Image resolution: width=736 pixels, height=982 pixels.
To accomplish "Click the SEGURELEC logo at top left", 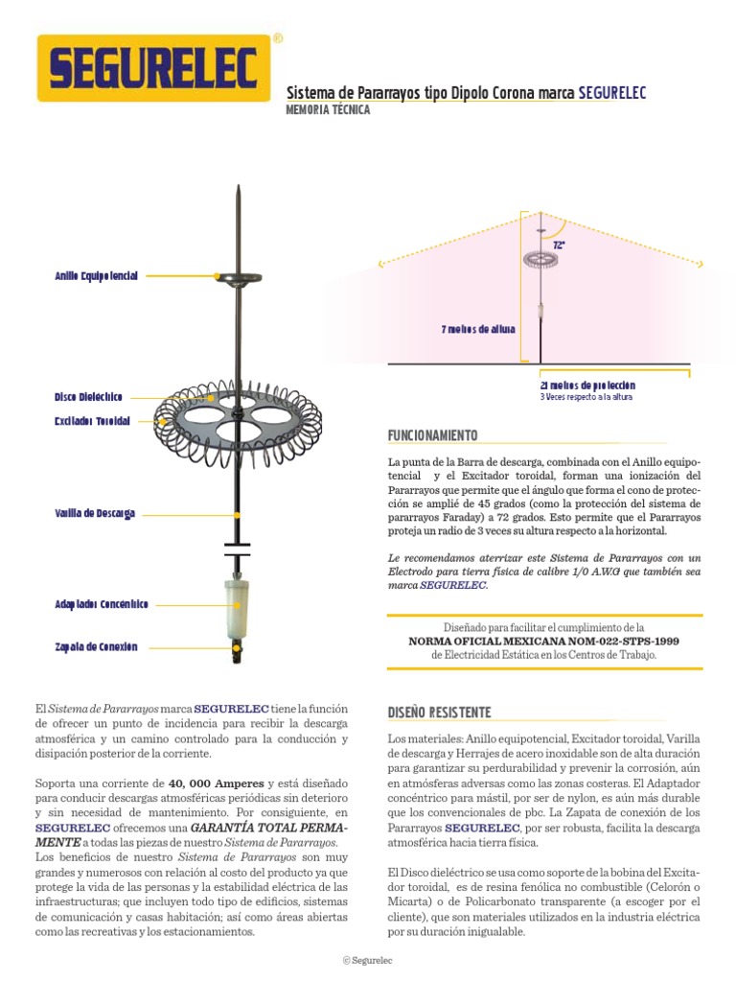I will click(x=153, y=68).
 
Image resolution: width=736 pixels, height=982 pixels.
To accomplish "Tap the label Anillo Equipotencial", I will click(x=97, y=276).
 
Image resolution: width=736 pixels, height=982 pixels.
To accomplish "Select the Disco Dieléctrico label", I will click(x=88, y=397).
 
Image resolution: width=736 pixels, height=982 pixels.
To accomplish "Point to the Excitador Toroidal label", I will click(x=92, y=421).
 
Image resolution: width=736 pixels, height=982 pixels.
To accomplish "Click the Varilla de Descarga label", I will click(x=95, y=514).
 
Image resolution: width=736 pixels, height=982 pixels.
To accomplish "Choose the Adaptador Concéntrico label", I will click(x=102, y=605).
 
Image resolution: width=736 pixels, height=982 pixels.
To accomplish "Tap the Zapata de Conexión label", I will click(x=97, y=647).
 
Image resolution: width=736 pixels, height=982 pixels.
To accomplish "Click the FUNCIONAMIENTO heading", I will click(x=432, y=436).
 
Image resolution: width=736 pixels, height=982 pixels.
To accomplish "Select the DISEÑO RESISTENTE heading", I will click(x=439, y=713).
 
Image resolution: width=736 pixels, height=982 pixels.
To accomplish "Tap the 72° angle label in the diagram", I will click(x=559, y=245).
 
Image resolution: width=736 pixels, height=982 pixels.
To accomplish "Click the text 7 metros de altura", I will click(x=477, y=329).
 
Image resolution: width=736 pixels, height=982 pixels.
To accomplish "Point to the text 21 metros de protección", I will click(x=587, y=385).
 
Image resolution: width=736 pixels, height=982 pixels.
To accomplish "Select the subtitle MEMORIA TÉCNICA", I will click(x=328, y=110).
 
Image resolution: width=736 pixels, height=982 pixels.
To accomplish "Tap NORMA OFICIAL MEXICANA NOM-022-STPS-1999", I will click(x=543, y=641).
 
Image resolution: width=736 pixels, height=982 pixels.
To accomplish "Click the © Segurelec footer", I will click(x=368, y=960).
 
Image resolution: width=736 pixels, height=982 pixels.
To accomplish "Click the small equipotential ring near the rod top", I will click(x=237, y=278).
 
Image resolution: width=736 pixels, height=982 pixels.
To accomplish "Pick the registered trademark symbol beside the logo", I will click(x=278, y=39).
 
